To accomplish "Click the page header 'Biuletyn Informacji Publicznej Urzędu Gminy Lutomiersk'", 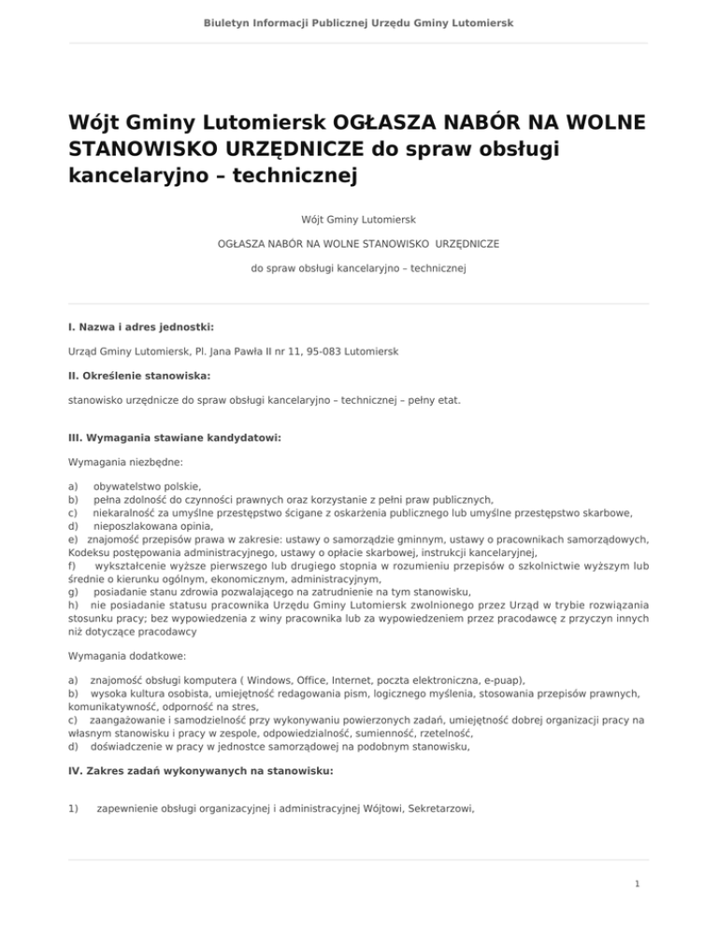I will tap(359, 21).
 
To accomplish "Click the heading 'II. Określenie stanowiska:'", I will tap(132, 376).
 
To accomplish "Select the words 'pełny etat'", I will tap(439, 400).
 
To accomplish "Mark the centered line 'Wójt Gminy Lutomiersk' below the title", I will tap(359, 220).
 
